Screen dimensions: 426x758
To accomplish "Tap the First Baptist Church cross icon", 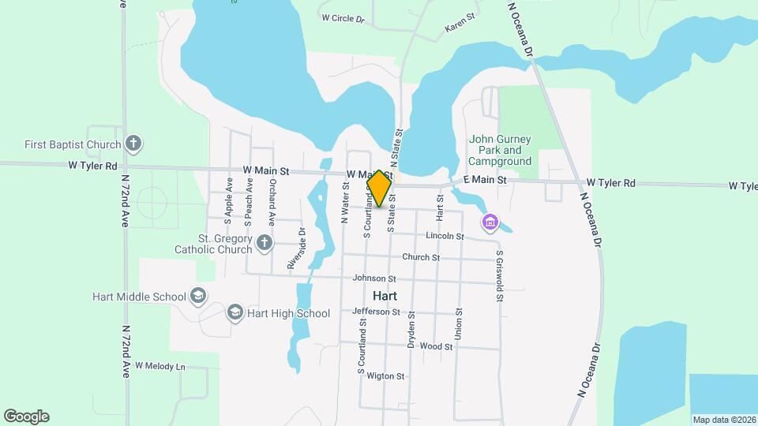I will click(134, 144).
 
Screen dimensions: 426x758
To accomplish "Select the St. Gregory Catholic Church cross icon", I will click(265, 243).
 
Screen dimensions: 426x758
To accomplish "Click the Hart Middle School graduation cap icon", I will click(198, 297).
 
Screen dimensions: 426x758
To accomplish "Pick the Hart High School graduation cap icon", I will click(235, 313).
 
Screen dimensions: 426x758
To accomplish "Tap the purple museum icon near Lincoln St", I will click(490, 223).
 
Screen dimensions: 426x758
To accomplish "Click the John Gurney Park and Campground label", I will click(501, 150).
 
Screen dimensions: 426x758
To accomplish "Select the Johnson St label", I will click(373, 278).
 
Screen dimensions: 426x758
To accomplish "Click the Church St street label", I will click(420, 257).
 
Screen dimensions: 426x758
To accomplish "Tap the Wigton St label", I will click(385, 376).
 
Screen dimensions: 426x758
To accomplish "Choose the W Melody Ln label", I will click(159, 366).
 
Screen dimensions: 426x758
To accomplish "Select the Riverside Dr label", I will click(296, 248).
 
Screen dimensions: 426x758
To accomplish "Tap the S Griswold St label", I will click(500, 276).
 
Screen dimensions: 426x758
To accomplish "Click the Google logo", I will click(26, 417).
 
